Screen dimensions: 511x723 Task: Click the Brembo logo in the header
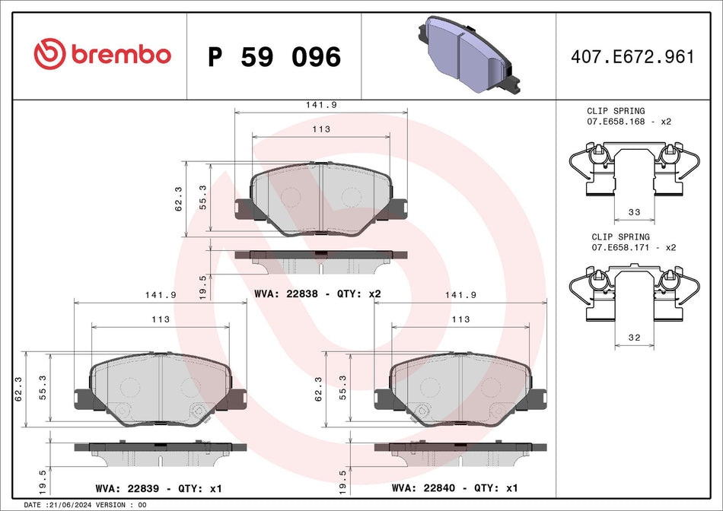[102, 54]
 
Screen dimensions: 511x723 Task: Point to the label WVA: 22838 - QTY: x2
[317, 294]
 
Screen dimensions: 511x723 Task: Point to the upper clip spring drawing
[634, 169]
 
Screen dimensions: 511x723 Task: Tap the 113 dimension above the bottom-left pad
[160, 320]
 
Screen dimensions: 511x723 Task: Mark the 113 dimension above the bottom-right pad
[460, 320]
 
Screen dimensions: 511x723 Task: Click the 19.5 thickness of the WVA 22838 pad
[202, 288]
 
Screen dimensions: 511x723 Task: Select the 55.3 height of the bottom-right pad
[342, 388]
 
